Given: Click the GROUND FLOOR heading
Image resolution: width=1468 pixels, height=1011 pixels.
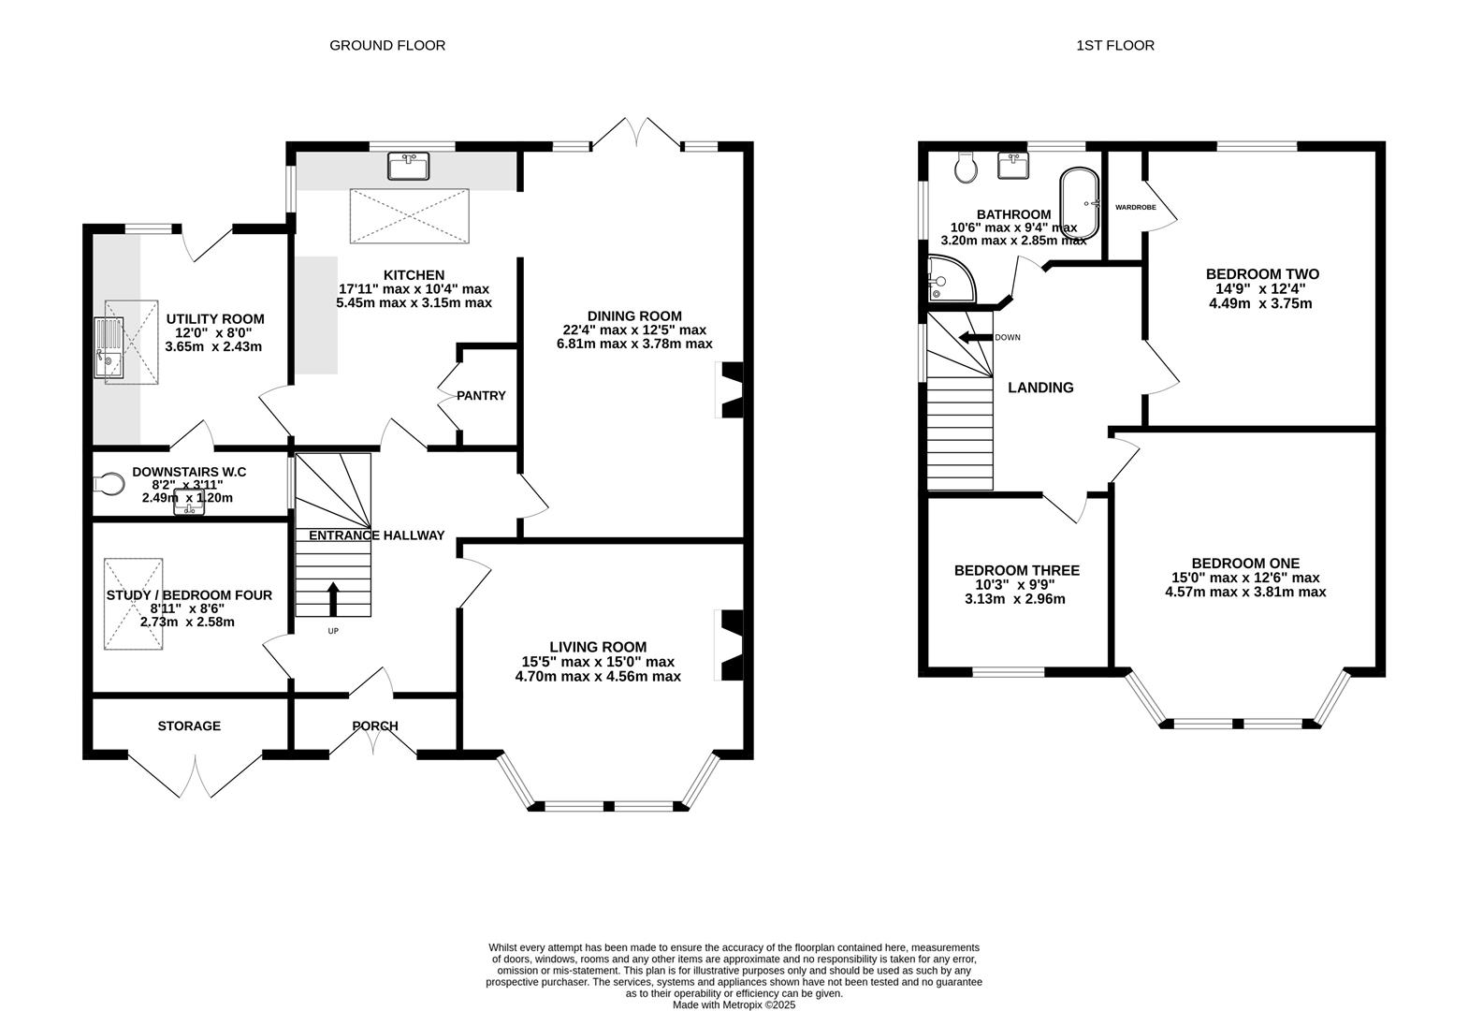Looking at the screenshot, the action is point(387,45).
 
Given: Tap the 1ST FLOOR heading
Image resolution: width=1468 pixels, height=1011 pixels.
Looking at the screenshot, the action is point(1114,45).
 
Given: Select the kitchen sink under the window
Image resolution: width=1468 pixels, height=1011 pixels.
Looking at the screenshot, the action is point(408,165).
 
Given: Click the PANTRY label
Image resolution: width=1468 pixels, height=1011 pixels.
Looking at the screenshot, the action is point(481,395).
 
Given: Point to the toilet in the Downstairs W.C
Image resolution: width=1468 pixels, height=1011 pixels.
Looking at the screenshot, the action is point(109,485).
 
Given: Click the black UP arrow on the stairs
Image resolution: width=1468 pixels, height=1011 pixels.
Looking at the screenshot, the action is point(334,598).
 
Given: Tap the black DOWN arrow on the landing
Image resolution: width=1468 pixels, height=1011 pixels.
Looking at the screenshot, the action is point(975,338).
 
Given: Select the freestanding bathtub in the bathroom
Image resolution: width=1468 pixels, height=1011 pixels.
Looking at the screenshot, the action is point(1080,204).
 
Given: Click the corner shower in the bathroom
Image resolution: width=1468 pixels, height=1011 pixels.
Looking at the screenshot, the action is point(952,279).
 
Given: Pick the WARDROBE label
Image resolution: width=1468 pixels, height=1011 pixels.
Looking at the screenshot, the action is point(1136,207).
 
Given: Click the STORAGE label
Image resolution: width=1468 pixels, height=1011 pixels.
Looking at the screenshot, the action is point(189,725).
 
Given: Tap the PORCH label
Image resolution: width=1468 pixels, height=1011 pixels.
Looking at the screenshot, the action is point(375,725).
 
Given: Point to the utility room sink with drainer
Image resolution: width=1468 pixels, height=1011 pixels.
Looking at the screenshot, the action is point(109,347).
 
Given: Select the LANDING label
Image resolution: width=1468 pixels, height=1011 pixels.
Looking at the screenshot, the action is point(1040,388).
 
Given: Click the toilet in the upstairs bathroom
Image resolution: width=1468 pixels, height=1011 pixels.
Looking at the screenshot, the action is point(966,168).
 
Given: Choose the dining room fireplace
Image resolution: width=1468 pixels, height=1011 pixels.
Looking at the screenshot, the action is point(732,390).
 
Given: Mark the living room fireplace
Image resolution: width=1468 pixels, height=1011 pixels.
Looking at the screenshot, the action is point(732,645).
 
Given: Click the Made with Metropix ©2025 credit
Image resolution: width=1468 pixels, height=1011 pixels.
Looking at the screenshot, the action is point(734,1004).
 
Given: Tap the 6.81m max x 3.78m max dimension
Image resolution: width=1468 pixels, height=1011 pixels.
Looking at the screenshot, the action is point(634,344).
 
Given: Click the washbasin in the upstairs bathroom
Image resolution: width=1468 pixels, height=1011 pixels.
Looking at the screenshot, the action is point(1013,165).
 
